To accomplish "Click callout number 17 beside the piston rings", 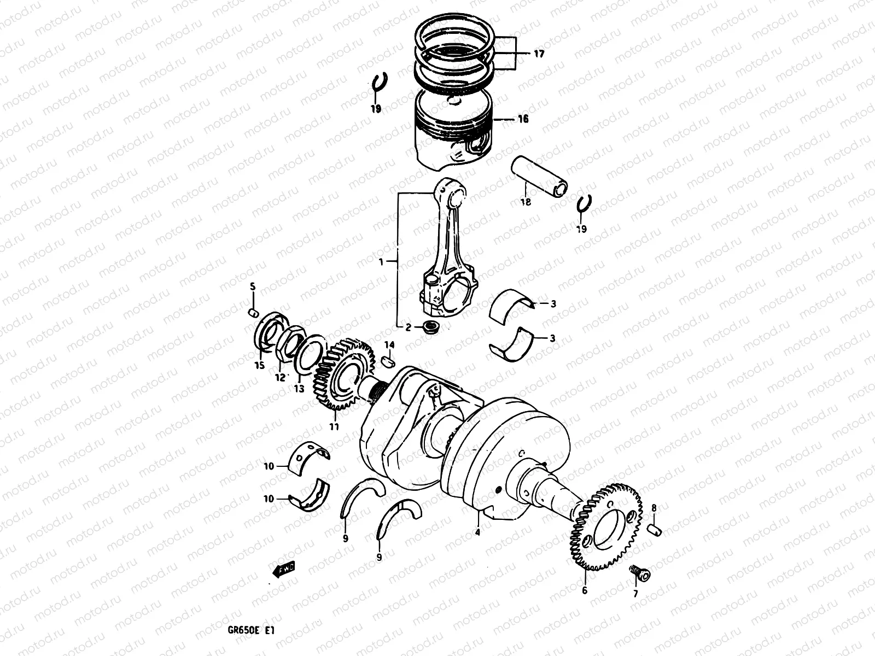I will point(539,54).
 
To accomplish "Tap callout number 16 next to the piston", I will point(523,119).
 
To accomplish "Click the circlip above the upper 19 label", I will point(378,84).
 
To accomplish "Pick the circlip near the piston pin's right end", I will point(585,204).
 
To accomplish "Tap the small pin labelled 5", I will point(253,312).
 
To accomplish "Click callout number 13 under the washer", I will point(299,389).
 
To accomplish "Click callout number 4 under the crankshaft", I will point(477,532).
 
